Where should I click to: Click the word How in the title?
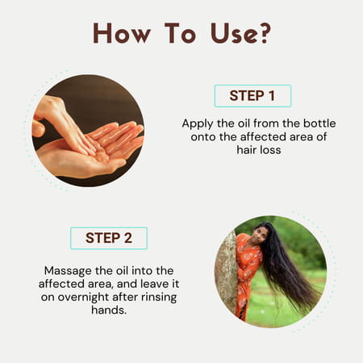(122, 33)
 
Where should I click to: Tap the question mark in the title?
(265, 33)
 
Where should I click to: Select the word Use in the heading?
(233, 33)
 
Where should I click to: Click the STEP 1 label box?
(252, 96)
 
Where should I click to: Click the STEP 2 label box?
(109, 238)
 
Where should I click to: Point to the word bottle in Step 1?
(319, 123)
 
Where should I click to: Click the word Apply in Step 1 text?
(198, 124)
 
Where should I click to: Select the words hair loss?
(259, 150)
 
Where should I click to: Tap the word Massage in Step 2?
(68, 271)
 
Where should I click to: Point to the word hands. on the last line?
(109, 311)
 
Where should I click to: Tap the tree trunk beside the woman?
(227, 272)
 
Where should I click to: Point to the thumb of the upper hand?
(38, 128)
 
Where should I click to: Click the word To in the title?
(181, 33)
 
